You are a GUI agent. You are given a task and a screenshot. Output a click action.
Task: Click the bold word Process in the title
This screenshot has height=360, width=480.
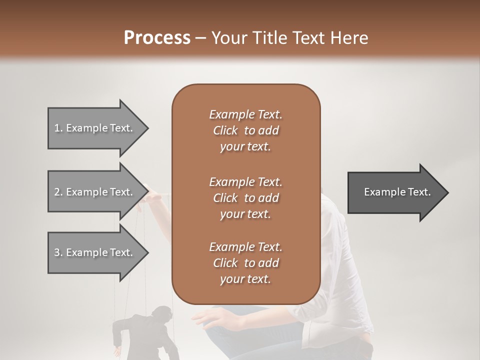pos(157,38)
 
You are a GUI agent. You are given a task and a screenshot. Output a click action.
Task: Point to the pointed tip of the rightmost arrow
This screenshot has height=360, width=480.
pos(447,192)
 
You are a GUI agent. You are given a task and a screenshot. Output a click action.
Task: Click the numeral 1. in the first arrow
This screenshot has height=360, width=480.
pos(58,128)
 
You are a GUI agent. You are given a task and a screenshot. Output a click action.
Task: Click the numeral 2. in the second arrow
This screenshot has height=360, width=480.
pos(58,192)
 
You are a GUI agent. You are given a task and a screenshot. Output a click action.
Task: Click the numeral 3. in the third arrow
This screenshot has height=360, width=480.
pos(58,252)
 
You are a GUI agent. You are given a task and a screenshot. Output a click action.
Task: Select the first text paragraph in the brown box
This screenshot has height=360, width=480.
pos(245,130)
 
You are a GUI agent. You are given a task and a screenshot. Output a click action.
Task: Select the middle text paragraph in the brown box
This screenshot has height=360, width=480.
pos(245,198)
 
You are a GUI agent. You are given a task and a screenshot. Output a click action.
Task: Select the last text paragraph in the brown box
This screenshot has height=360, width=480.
pos(245,263)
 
